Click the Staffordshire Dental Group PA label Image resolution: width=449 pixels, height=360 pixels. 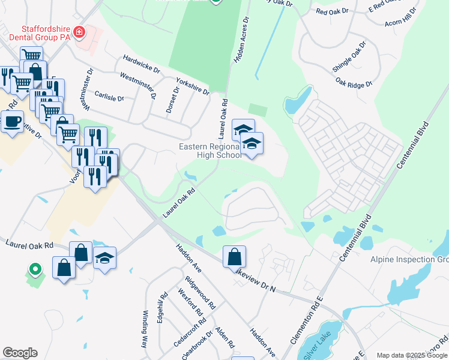46,33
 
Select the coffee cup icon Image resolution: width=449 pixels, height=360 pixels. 12,122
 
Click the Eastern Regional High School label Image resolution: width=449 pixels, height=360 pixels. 211,151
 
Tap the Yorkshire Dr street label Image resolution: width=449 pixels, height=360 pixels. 192,86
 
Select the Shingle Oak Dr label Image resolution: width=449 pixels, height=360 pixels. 349,58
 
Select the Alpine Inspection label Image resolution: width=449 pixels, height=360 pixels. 409,259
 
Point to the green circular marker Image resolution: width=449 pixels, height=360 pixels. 35,270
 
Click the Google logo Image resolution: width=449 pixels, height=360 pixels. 20,353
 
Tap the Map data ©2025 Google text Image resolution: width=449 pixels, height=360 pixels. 411,355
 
